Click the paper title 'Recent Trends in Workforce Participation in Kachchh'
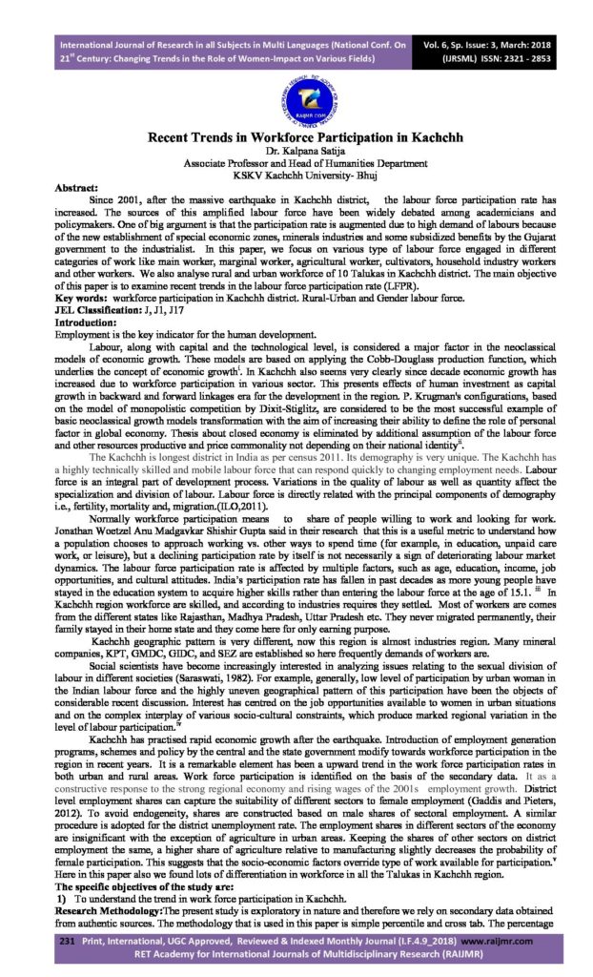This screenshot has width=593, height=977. coord(296,137)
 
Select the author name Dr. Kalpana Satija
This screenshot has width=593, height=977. coord(296,151)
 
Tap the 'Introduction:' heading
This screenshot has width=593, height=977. coord(86,323)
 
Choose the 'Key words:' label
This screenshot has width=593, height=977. coord(82,301)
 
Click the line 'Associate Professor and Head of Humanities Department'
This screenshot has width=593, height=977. coord(296,163)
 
